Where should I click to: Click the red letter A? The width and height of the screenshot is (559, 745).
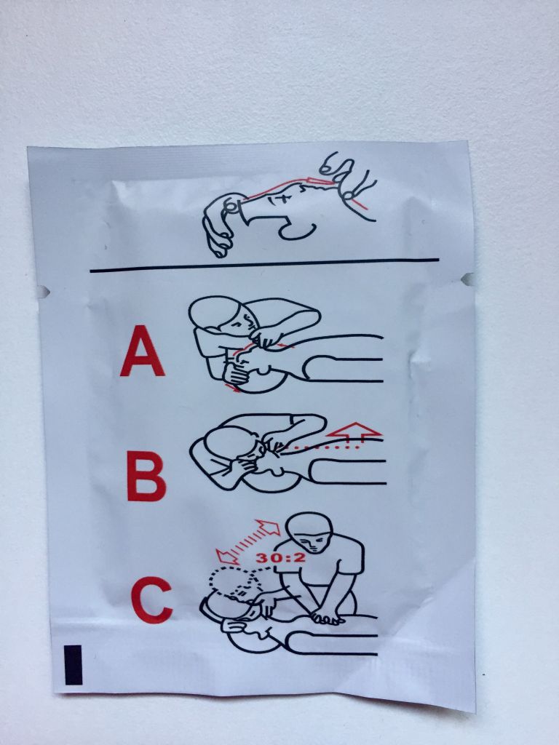(143, 351)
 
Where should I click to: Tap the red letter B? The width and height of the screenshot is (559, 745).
(146, 477)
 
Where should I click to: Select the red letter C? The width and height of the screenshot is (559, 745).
(151, 600)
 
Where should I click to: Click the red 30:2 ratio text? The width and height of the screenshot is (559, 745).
(280, 557)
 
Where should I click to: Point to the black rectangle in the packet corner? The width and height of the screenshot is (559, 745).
(74, 665)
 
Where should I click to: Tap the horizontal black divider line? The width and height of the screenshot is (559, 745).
(264, 265)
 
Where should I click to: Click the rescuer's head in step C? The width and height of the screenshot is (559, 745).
(312, 532)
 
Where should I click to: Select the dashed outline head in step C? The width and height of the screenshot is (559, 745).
(234, 582)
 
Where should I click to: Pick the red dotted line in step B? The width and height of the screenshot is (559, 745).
(324, 447)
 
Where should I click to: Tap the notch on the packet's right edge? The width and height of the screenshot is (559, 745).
(468, 279)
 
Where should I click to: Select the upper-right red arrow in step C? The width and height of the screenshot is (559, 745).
(269, 527)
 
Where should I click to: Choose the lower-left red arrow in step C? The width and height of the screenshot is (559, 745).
(227, 556)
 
